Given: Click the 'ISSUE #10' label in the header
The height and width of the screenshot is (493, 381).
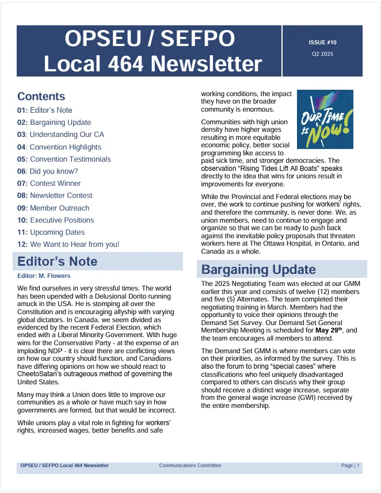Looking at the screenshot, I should (x=322, y=43).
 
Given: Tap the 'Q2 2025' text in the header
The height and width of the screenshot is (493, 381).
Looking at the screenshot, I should (x=322, y=54).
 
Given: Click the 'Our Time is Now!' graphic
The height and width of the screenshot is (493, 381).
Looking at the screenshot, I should (x=325, y=120).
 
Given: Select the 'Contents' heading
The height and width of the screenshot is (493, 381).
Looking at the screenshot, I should (x=41, y=97).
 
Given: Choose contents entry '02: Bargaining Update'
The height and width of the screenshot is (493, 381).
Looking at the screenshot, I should (x=54, y=123).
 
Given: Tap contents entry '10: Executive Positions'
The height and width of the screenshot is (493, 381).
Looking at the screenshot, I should (x=55, y=220).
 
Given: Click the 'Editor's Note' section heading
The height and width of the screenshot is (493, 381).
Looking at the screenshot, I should (x=58, y=262).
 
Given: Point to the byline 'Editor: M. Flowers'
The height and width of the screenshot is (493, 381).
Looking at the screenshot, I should (x=44, y=276).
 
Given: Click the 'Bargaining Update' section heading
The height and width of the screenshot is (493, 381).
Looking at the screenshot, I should (x=258, y=270).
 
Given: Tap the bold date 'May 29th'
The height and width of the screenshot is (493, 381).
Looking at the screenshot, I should (x=328, y=330).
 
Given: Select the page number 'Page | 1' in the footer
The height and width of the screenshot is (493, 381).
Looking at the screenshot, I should (x=350, y=465).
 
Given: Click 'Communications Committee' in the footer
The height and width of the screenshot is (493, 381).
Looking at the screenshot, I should (x=190, y=465).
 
